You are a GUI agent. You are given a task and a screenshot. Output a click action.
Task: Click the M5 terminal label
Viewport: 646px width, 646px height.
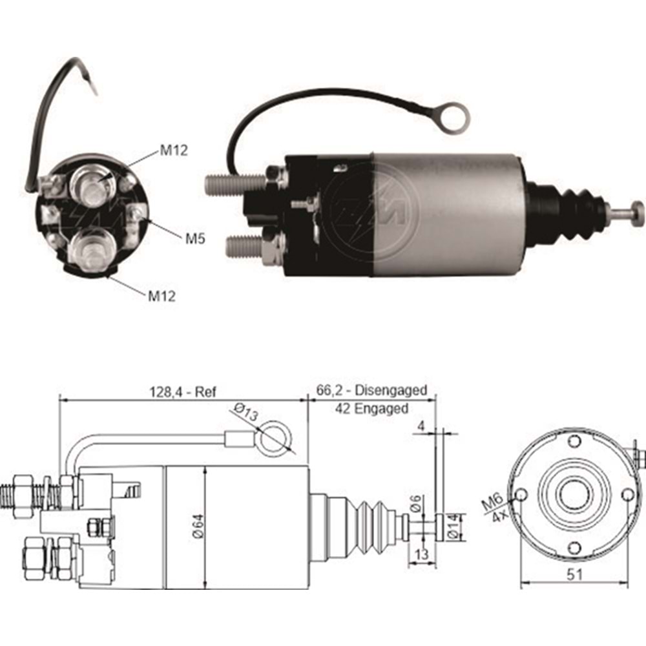(x=196, y=238)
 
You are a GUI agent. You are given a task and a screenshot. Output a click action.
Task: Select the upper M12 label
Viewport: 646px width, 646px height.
(x=173, y=152)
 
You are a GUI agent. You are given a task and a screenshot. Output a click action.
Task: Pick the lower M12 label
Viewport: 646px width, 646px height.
(x=162, y=296)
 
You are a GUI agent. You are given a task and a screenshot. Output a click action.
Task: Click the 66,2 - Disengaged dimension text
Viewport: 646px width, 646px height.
(x=371, y=390)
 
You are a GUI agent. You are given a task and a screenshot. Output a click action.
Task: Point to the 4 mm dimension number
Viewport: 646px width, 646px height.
(x=421, y=426)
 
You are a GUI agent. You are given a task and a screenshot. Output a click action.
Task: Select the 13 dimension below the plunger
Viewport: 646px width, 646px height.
(x=421, y=554)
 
